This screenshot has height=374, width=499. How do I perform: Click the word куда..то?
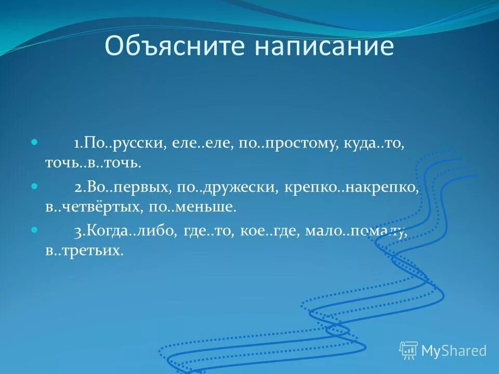pos(373,144)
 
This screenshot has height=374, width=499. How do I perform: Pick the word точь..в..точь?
pos(93,163)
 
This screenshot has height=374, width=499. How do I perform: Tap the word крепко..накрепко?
pos(351,188)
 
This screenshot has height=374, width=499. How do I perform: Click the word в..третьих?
pos(84,251)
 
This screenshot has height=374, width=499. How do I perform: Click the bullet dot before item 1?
pos(35,141)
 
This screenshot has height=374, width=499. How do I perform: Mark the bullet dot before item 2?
pos(35,185)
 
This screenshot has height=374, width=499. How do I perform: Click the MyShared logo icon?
pos(409,351)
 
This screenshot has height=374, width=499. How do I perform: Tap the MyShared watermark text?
pos(453,351)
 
